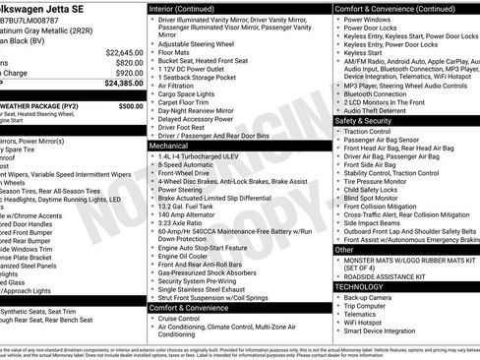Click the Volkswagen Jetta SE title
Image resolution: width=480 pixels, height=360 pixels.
53,7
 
